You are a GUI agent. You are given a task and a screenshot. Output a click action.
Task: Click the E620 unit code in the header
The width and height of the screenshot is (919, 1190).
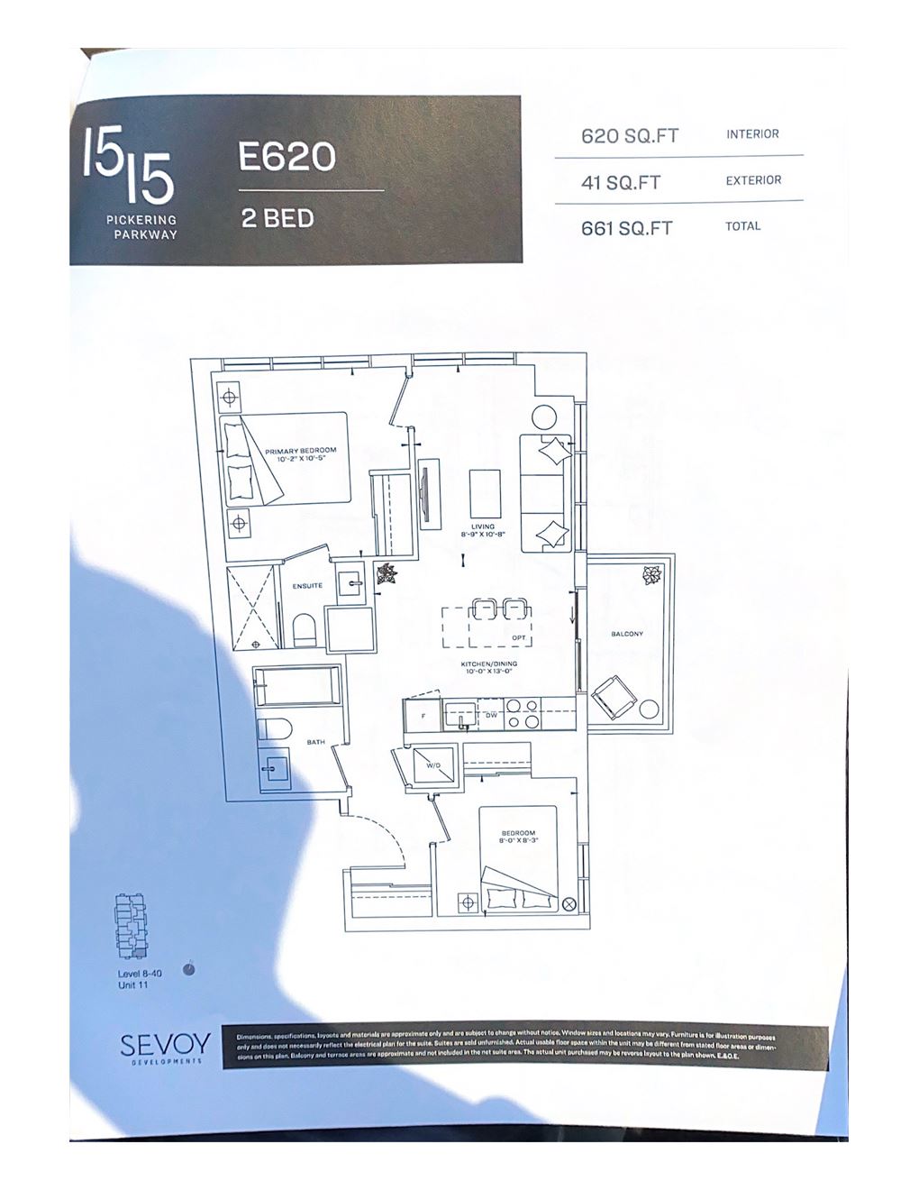[x=287, y=157]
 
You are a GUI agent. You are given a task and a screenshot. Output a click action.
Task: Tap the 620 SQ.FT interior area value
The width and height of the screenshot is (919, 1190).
[x=630, y=136]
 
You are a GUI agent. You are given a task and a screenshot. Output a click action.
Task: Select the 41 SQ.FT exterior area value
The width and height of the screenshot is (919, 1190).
[x=621, y=183]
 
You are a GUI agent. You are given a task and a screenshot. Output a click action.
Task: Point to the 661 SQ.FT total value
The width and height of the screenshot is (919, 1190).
[x=627, y=228]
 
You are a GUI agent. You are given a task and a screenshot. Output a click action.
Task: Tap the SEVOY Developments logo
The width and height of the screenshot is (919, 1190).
[x=166, y=1048]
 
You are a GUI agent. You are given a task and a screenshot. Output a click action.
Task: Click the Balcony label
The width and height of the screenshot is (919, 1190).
[x=627, y=634]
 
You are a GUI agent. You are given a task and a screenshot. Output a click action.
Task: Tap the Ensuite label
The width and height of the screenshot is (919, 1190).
[x=307, y=586]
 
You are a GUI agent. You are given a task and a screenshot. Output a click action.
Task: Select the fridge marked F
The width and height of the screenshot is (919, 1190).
[x=422, y=716]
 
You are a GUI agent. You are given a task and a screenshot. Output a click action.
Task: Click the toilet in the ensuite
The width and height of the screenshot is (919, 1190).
[x=304, y=629]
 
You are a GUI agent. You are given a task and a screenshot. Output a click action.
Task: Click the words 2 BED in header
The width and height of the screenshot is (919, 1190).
[x=278, y=218]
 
